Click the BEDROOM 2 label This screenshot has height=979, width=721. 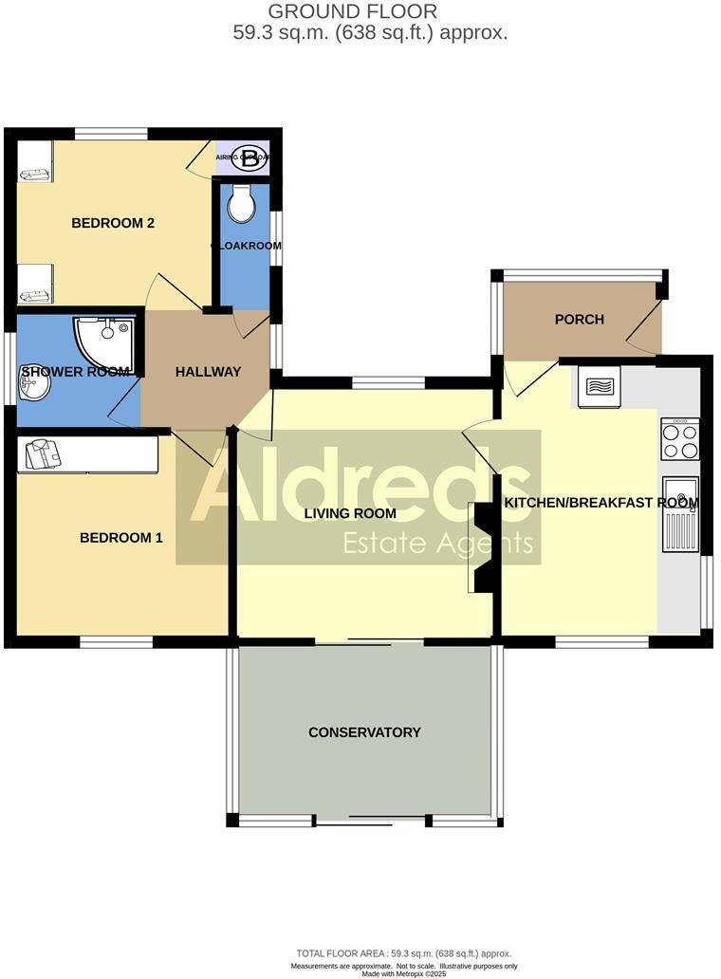click(x=113, y=224)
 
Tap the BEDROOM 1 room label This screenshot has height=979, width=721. click(x=120, y=538)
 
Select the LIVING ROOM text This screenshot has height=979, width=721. click(x=350, y=514)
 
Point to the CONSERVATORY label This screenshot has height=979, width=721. click(x=364, y=732)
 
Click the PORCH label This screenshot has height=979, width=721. click(x=579, y=320)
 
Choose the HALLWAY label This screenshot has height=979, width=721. click(x=208, y=372)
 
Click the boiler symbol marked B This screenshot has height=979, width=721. click(x=250, y=158)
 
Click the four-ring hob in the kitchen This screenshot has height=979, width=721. click(x=679, y=439)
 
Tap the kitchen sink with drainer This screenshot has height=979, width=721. click(x=679, y=513)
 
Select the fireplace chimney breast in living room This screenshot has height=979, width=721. click(x=482, y=548)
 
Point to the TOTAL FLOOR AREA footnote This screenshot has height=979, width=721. click(x=404, y=953)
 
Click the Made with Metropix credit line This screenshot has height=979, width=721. click(x=404, y=973)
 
